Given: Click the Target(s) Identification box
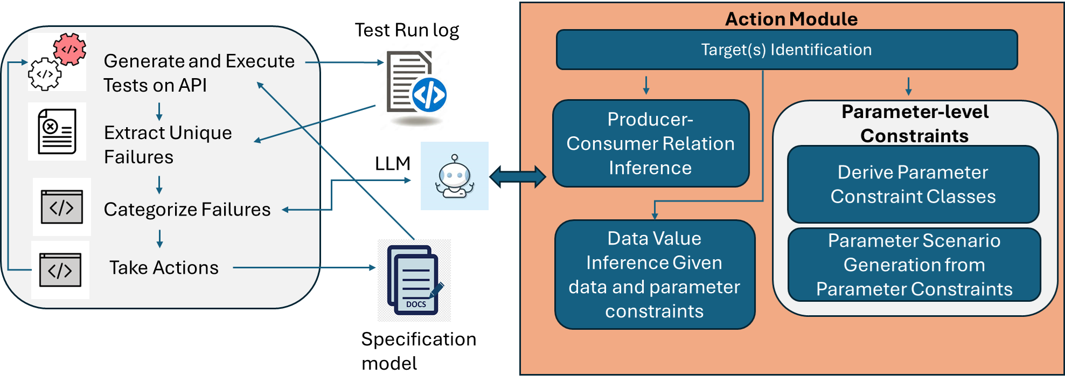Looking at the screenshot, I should pyautogui.click(x=786, y=50).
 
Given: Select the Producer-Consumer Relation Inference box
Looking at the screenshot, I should pyautogui.click(x=651, y=143).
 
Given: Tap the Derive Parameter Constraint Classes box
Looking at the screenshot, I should pyautogui.click(x=913, y=184).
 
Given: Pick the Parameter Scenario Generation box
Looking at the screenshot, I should pyautogui.click(x=914, y=265).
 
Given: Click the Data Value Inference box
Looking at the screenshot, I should pyautogui.click(x=655, y=274).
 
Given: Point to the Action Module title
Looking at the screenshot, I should pyautogui.click(x=791, y=19).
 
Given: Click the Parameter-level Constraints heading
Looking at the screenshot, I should pyautogui.click(x=915, y=123).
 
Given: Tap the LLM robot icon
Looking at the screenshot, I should pyautogui.click(x=455, y=176).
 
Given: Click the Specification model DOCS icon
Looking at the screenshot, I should pyautogui.click(x=414, y=280).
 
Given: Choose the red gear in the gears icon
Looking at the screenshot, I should pyautogui.click(x=70, y=49).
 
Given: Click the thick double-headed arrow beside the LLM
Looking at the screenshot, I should pyautogui.click(x=518, y=177).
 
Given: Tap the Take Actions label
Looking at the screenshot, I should pyautogui.click(x=164, y=268).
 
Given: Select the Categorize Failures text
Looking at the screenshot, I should pyautogui.click(x=187, y=210).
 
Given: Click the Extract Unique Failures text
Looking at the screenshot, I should pyautogui.click(x=168, y=145).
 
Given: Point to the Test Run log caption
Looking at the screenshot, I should pyautogui.click(x=407, y=30).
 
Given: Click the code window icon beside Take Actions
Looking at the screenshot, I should pyautogui.click(x=60, y=270).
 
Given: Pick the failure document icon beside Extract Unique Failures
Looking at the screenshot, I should pyautogui.click(x=57, y=131).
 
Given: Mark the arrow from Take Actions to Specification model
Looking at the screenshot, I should pyautogui.click(x=304, y=267).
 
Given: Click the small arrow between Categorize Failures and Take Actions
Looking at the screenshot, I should pyautogui.click(x=159, y=238).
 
